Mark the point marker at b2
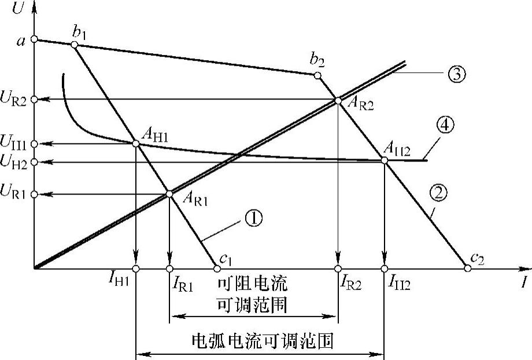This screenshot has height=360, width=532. click(317, 75)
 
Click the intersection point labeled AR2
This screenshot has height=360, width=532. click(338, 100)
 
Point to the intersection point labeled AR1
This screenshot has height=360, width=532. click(169, 194)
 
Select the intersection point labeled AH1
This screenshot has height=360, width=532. click(136, 143)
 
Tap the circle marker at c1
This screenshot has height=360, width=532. click(217, 268)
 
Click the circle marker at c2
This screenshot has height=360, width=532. click(468, 268)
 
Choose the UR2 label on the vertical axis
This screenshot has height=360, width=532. click(14, 100)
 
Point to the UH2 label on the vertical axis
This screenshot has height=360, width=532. click(14, 163)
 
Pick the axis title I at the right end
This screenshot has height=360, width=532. click(524, 283)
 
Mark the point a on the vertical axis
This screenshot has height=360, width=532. click(34, 39)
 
